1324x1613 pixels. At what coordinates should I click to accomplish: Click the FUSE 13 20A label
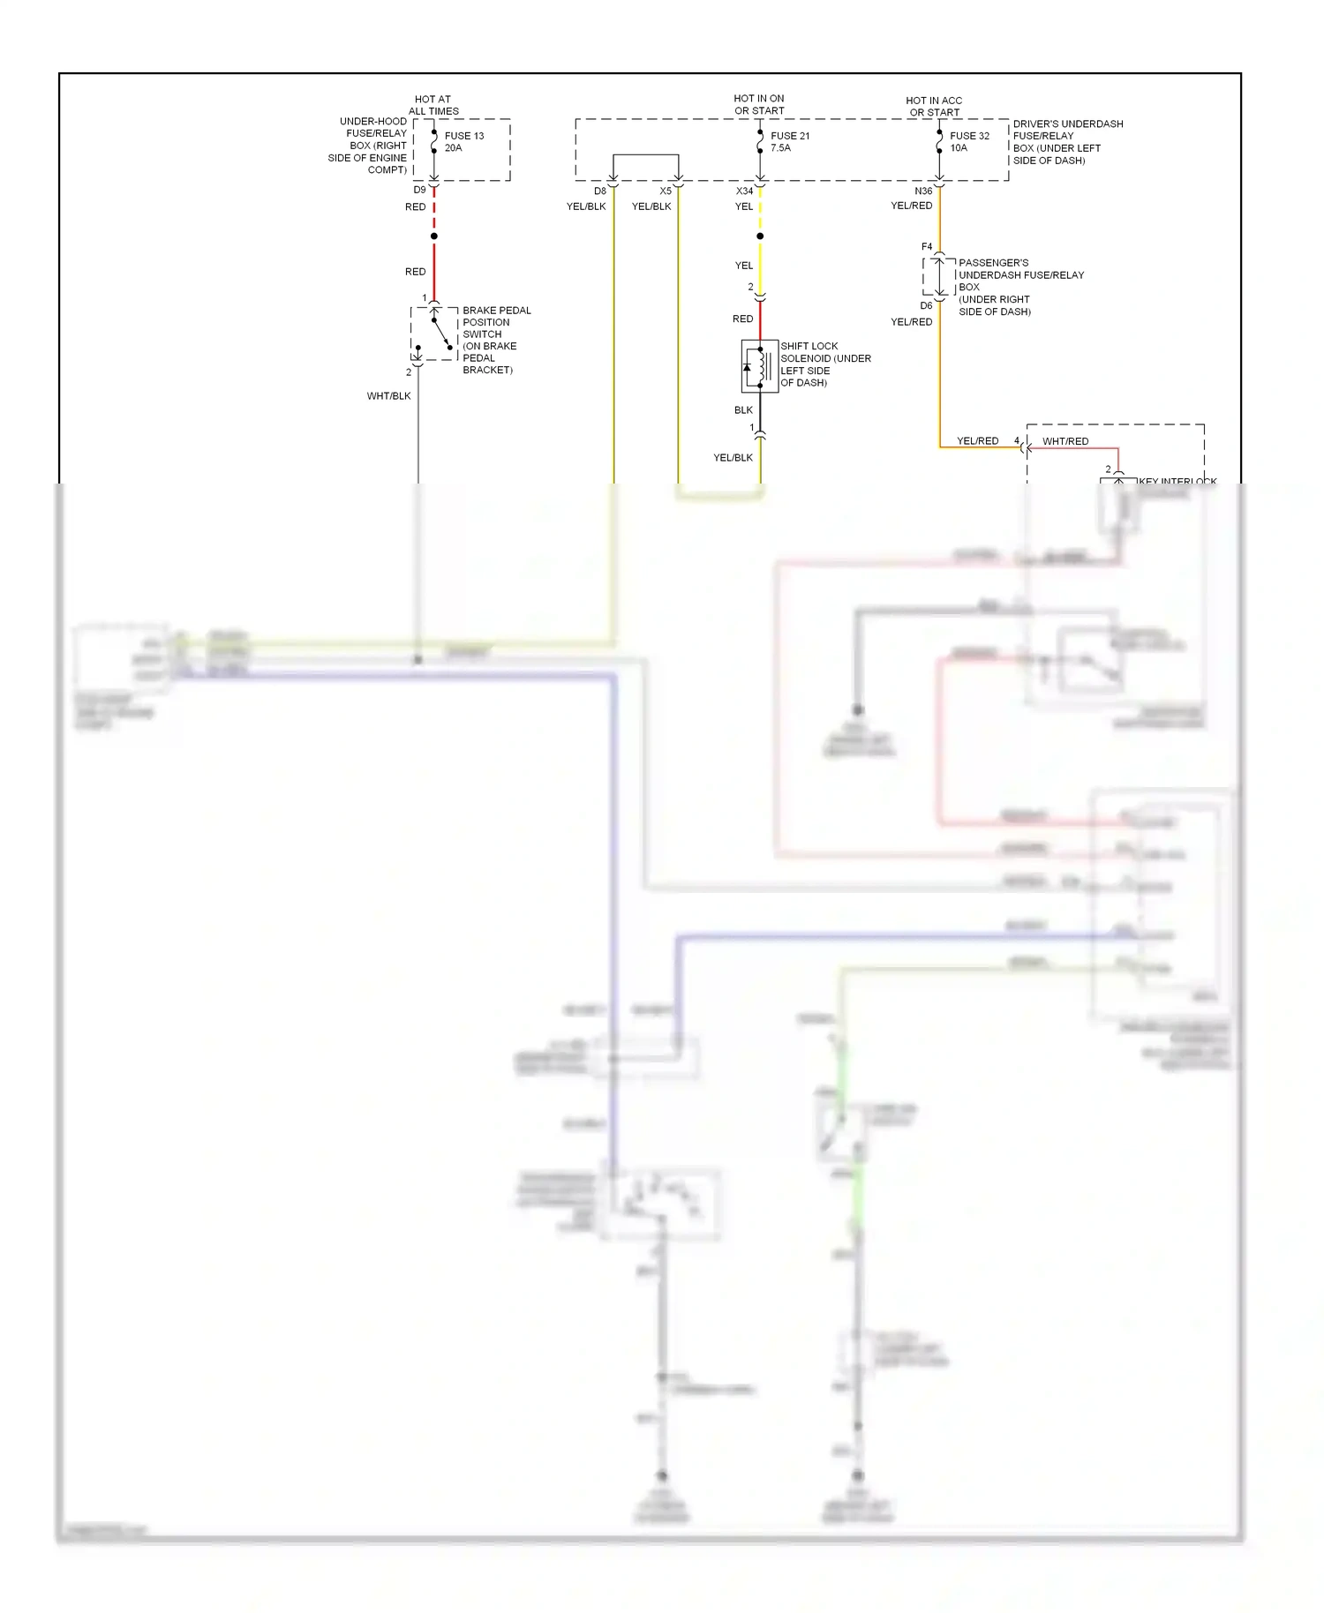click(463, 142)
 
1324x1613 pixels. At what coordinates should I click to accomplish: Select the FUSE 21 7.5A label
click(789, 142)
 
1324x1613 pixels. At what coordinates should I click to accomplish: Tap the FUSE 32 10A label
click(968, 142)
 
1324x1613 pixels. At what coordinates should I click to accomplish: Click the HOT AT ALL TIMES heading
click(433, 106)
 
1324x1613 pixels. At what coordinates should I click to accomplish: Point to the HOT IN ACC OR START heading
click(934, 107)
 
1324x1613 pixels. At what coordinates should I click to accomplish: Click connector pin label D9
click(419, 191)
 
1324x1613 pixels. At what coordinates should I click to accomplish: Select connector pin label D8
click(600, 191)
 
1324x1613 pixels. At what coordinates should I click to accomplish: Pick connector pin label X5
click(666, 191)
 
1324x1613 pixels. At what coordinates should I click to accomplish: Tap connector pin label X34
click(744, 191)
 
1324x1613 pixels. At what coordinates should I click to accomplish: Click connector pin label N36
click(923, 191)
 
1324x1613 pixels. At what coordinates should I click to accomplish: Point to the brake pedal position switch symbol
click(434, 334)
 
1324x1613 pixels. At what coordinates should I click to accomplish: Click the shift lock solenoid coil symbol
click(759, 366)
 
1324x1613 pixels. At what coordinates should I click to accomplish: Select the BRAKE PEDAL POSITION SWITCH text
click(496, 340)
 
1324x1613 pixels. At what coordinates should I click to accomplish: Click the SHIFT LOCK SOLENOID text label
click(824, 364)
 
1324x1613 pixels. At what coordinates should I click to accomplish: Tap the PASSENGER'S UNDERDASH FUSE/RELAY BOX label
click(1020, 287)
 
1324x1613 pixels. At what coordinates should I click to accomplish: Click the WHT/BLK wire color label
click(388, 396)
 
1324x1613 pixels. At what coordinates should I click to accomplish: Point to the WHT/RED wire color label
click(1064, 441)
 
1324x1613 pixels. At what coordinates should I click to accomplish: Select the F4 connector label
click(927, 247)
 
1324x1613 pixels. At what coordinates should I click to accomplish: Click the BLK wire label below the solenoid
click(743, 410)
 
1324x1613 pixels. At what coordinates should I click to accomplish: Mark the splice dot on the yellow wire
click(760, 236)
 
